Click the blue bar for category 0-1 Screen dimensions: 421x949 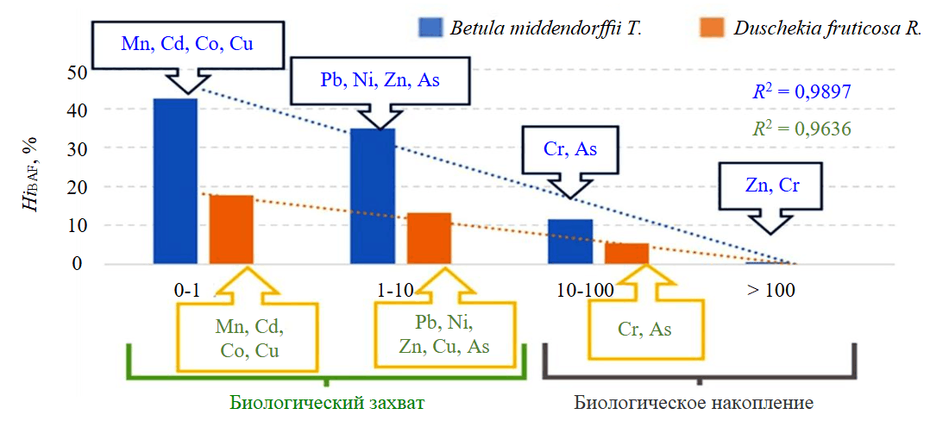click(x=175, y=181)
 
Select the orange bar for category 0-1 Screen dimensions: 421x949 click(x=231, y=229)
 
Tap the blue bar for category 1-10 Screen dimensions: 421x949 click(x=373, y=196)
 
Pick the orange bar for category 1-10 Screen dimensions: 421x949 click(x=429, y=238)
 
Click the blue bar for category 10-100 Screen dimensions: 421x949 click(x=570, y=242)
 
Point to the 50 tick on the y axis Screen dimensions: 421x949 click(x=76, y=72)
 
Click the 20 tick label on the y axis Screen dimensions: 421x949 click(x=76, y=187)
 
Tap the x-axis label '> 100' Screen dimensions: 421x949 click(x=770, y=291)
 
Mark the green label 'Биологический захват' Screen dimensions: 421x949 click(x=328, y=403)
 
